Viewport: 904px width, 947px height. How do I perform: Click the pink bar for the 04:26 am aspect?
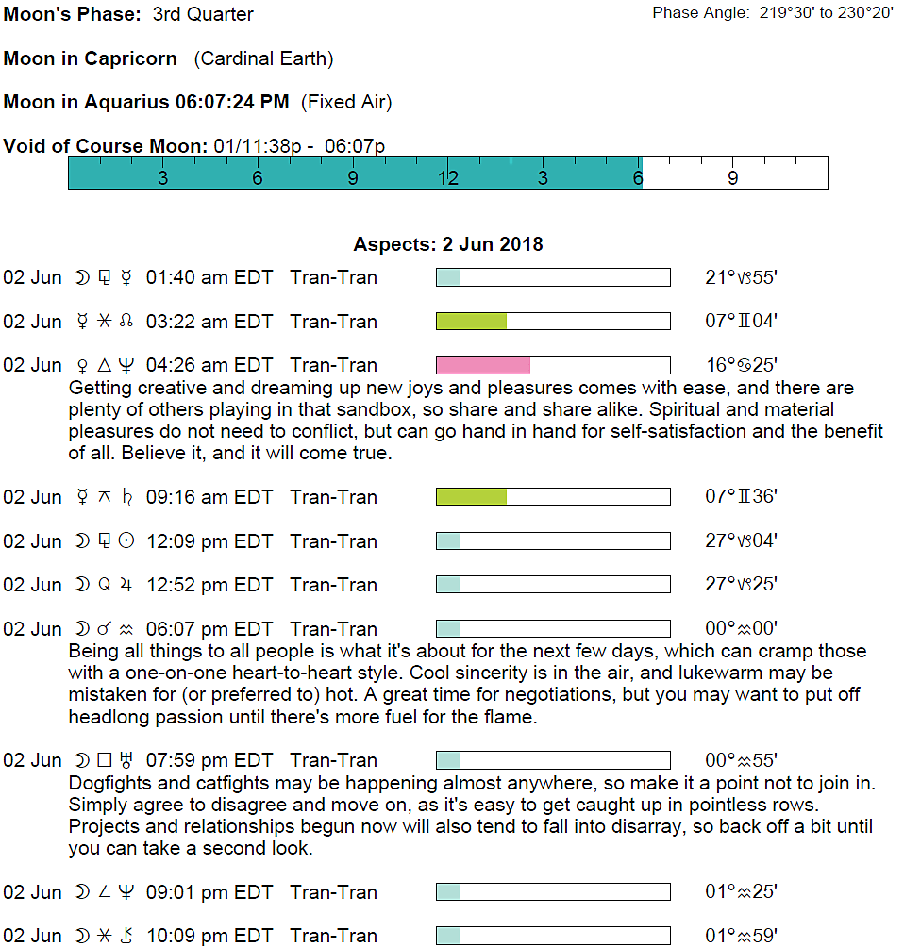(x=483, y=365)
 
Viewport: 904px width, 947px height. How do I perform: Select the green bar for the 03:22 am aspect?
(x=472, y=322)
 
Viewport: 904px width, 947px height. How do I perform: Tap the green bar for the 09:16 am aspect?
(x=472, y=497)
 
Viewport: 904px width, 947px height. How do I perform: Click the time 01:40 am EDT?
(x=209, y=278)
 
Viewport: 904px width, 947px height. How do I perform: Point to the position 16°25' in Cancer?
(x=741, y=365)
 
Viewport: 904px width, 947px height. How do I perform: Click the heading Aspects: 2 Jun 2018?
(x=448, y=244)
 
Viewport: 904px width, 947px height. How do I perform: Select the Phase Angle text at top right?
(x=773, y=14)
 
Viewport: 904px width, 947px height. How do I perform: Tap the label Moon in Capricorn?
(x=91, y=58)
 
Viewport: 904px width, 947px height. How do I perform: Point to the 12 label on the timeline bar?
(x=447, y=178)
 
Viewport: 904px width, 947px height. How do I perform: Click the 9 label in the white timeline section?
(x=733, y=178)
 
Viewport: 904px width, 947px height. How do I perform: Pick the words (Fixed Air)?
(x=346, y=102)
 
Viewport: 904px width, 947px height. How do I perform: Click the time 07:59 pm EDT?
(x=209, y=760)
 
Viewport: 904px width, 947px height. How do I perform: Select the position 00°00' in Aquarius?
(x=741, y=629)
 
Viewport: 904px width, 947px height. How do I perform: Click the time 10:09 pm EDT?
(x=209, y=936)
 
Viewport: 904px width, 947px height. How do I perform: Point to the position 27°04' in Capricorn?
(x=741, y=541)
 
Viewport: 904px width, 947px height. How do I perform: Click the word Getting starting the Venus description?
(x=100, y=388)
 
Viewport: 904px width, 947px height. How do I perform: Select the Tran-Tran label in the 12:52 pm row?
(x=334, y=585)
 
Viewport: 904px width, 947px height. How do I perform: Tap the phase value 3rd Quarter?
(x=203, y=15)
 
